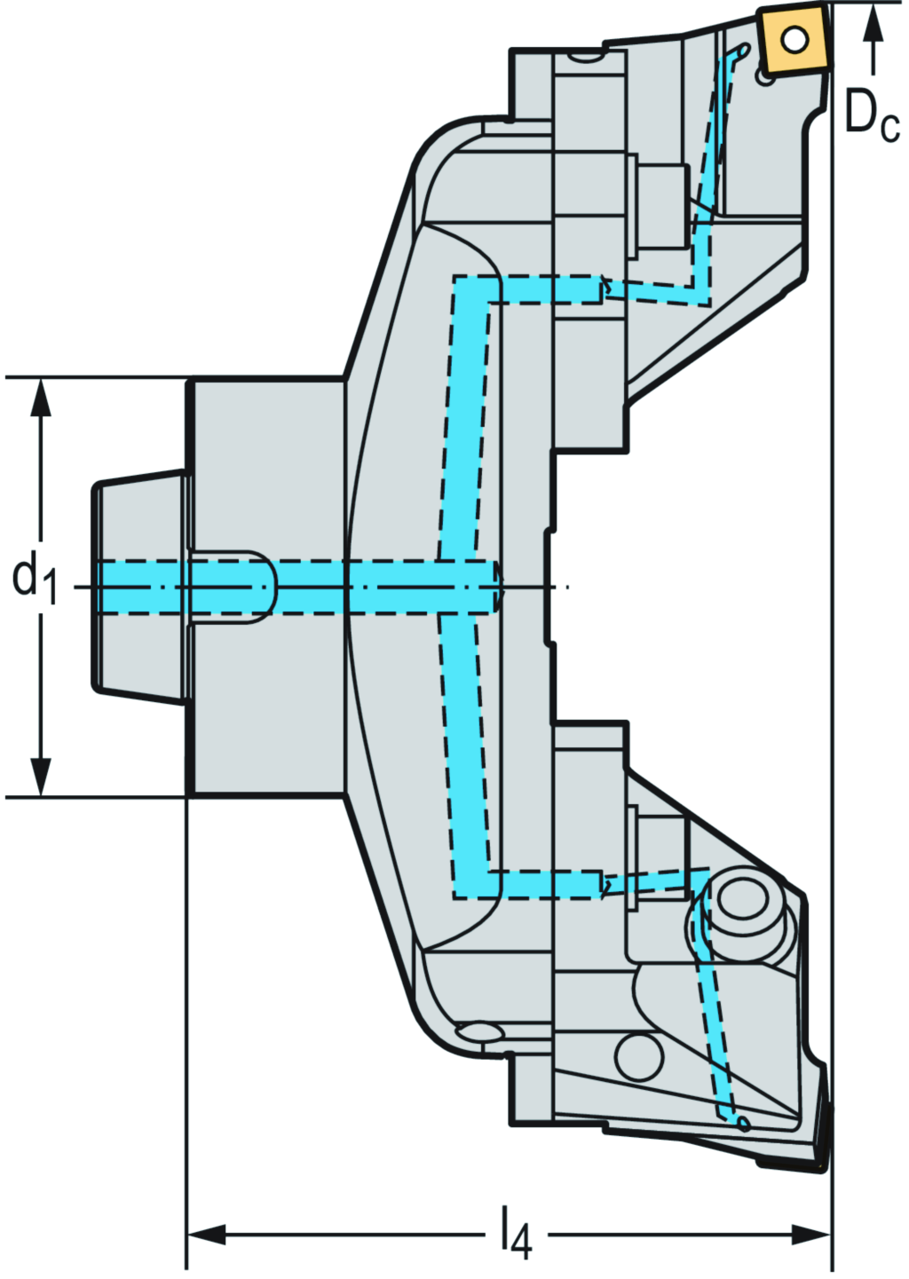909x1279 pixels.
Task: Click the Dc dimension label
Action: [871, 115]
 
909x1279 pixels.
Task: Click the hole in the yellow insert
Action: [794, 38]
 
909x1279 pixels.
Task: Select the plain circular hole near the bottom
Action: [639, 1055]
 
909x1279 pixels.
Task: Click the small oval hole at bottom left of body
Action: [478, 1032]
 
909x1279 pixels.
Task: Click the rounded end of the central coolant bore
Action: [496, 587]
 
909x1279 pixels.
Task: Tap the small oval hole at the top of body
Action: [584, 59]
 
